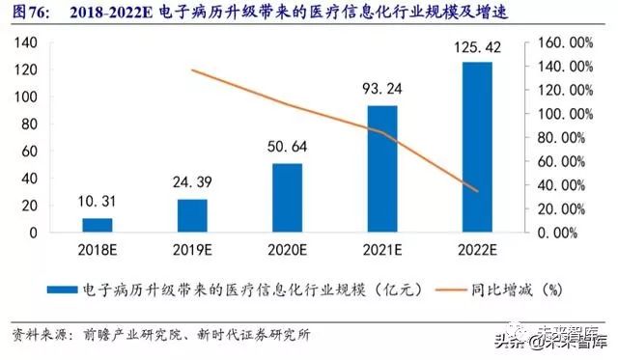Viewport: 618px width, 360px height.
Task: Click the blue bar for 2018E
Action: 98,225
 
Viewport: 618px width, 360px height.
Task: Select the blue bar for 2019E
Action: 192,215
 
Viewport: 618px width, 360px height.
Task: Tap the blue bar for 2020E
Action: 287,198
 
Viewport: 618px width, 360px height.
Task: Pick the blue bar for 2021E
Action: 381,169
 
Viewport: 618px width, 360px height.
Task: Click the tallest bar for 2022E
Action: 476,147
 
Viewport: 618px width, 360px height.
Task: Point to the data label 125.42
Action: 476,47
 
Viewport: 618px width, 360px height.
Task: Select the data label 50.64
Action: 287,148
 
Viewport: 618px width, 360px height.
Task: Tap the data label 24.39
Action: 192,183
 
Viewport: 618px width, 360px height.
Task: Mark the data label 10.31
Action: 98,203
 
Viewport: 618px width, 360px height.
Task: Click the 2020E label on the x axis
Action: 287,250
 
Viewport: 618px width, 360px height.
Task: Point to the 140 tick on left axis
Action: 27,43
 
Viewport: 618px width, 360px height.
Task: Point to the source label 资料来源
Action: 37,335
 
